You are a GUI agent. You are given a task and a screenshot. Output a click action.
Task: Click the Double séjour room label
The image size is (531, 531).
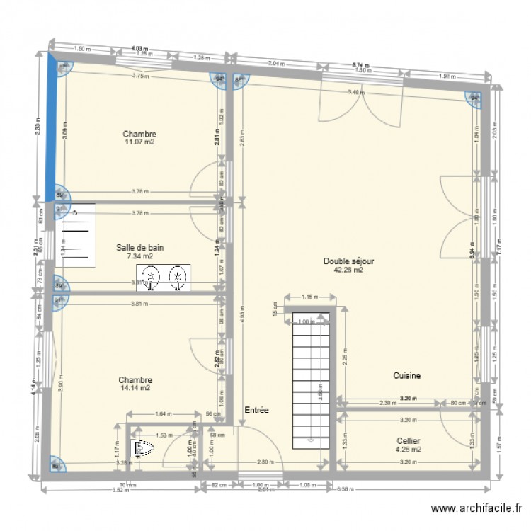coord(348,261)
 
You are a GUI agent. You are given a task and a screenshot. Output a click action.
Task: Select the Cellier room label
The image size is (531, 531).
coord(409,440)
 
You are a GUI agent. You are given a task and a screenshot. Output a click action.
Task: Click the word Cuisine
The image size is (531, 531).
coord(407,376)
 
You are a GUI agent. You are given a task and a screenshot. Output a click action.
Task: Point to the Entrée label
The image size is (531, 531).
coord(256,410)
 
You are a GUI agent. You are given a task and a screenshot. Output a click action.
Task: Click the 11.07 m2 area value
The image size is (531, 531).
coord(139,142)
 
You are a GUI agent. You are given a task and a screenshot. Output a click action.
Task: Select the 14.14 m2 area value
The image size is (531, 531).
coord(135,388)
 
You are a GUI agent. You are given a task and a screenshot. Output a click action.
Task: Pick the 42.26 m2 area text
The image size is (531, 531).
coord(348,270)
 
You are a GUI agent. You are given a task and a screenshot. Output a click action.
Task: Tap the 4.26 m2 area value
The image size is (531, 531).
coord(409,449)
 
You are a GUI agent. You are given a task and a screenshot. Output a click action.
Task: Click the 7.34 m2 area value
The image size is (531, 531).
coord(139,256)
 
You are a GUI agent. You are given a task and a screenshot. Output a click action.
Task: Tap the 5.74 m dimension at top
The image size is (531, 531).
coord(361,65)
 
